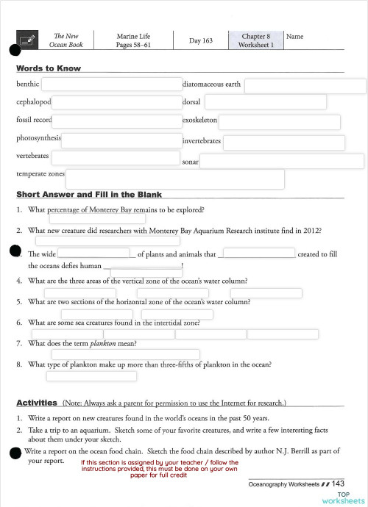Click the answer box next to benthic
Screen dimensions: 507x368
(x=116, y=86)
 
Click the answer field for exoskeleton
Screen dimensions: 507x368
(x=279, y=122)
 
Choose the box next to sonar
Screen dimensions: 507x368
(x=282, y=162)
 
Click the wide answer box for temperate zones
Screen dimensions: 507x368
(x=174, y=179)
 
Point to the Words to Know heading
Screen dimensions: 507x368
(x=49, y=68)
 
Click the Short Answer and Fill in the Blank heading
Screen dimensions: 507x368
(x=89, y=195)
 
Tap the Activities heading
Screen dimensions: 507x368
(x=37, y=403)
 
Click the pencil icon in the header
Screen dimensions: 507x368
(x=27, y=40)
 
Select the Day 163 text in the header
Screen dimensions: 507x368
(x=200, y=40)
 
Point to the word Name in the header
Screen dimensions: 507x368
(x=294, y=36)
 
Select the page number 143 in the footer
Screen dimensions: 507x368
(x=338, y=483)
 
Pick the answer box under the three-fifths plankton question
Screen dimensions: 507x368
(x=91, y=376)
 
